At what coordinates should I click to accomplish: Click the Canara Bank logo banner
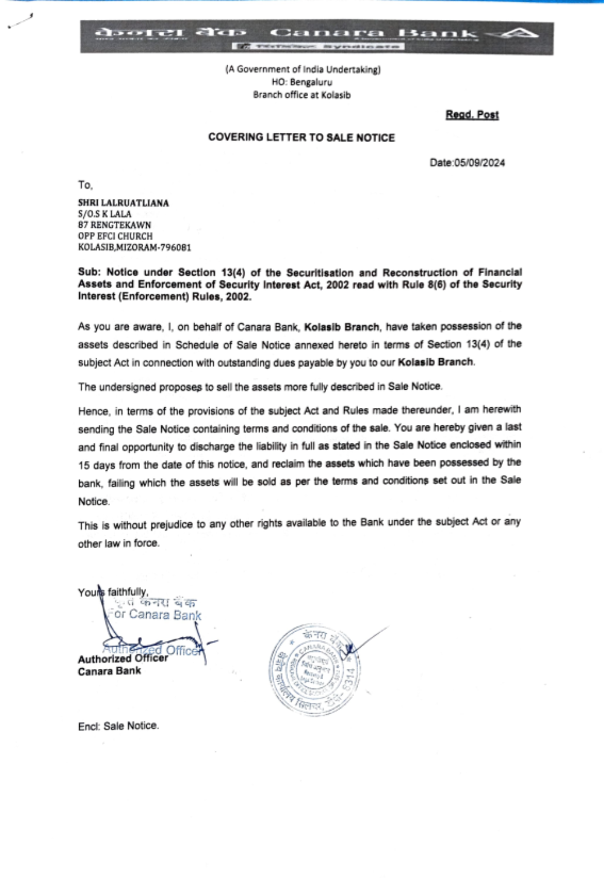point(316,37)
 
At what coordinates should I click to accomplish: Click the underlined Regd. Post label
point(472,115)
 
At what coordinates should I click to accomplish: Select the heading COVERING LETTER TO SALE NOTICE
point(301,137)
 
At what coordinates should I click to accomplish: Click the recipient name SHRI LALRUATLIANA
point(123,203)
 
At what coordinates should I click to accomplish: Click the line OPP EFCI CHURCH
point(115,236)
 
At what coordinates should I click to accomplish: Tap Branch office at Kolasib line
point(301,95)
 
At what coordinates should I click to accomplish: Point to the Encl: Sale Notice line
point(118,726)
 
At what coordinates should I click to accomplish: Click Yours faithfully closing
point(113,592)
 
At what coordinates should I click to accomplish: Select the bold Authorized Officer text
point(123,659)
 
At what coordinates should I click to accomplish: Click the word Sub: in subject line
point(89,273)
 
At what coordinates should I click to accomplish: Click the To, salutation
point(85,185)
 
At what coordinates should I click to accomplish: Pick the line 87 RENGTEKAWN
point(114,225)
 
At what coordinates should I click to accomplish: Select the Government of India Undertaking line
point(303,69)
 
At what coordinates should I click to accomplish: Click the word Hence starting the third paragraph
point(94,412)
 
